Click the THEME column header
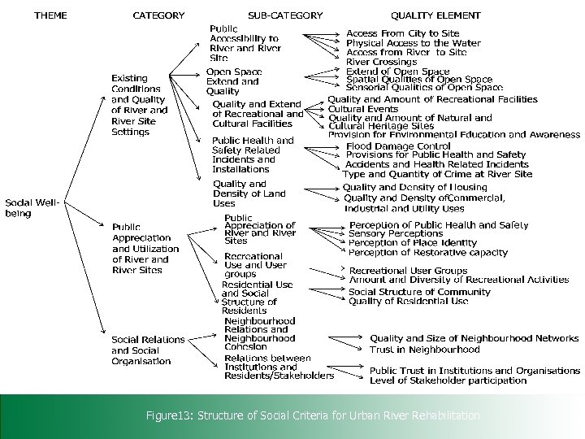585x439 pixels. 50,15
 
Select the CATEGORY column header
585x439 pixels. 158,15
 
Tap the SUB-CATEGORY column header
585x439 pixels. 285,15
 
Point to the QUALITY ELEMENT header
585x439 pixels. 435,15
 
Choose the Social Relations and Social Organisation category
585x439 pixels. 148,350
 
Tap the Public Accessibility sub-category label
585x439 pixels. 244,42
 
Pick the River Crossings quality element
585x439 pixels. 382,62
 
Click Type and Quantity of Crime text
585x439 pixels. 437,174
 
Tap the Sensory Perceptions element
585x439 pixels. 396,234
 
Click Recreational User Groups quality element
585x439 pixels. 408,270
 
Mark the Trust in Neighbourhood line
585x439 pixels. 424,350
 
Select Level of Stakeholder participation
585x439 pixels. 448,380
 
